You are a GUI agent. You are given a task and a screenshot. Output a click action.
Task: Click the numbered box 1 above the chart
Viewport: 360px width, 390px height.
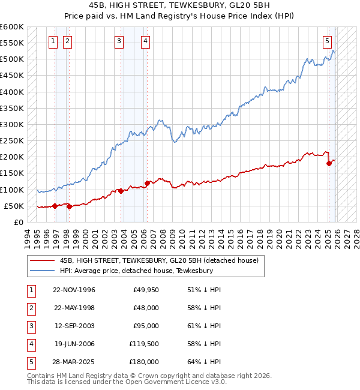coord(53,41)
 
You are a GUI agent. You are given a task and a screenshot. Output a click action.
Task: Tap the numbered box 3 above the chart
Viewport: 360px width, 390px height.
coord(119,41)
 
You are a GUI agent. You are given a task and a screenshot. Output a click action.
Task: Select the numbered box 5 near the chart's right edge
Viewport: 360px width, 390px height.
coord(327,41)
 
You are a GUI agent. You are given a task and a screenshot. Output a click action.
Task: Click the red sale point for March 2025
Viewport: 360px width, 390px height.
coord(329,163)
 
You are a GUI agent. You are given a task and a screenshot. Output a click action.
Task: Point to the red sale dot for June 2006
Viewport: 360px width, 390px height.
coord(147,183)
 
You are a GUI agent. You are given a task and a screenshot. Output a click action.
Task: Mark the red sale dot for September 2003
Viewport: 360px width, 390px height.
coord(121,191)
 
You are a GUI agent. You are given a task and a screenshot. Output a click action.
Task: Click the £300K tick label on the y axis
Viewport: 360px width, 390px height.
coord(12,124)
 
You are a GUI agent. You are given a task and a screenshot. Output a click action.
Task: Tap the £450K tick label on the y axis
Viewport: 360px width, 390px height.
coord(12,76)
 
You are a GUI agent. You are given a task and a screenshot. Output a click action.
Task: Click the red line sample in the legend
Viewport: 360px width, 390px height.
coord(42,260)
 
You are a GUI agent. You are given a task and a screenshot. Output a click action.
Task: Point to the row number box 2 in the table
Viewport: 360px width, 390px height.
coord(29,308)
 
